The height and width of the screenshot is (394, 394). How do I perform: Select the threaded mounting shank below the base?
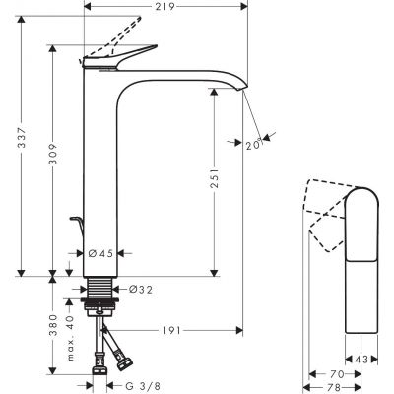pos(99,292)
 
